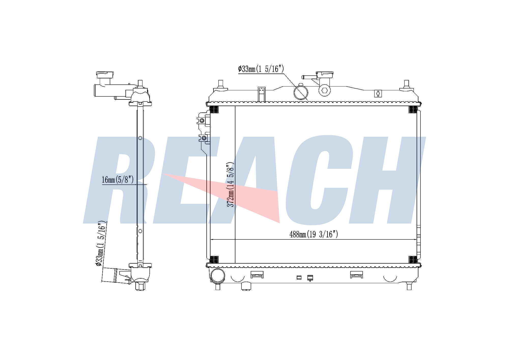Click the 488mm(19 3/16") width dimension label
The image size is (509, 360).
(x=314, y=234)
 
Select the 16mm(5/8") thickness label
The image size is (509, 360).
(x=118, y=180)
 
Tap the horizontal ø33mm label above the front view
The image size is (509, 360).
(x=261, y=69)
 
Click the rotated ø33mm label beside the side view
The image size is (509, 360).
(x=101, y=244)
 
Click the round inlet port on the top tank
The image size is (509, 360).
(x=301, y=92)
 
